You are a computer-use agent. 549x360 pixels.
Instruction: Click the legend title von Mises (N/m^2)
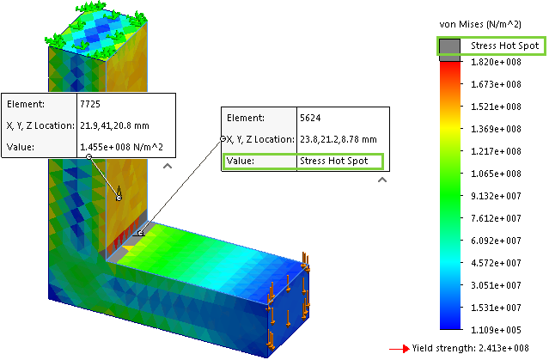click(x=480, y=24)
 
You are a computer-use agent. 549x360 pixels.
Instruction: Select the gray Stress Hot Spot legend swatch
click(x=450, y=50)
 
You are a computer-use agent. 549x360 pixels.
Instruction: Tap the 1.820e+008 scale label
click(x=496, y=63)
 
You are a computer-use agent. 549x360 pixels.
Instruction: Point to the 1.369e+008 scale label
click(x=496, y=129)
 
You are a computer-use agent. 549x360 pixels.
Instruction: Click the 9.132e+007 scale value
click(x=496, y=196)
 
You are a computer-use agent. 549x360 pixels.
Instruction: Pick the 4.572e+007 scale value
click(x=496, y=263)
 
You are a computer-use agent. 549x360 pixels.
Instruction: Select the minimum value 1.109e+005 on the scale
click(x=496, y=330)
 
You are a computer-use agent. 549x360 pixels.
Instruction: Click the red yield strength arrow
click(x=400, y=349)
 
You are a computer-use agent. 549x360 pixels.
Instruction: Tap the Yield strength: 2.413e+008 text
click(x=470, y=349)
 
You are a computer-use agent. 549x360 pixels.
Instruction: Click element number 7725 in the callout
click(x=90, y=104)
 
